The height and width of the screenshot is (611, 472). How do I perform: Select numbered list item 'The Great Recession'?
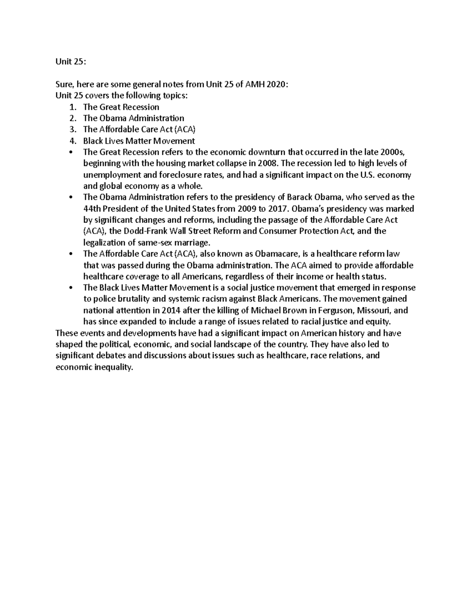pyautogui.click(x=121, y=107)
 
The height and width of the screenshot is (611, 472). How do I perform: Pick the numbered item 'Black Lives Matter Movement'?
pyautogui.click(x=139, y=141)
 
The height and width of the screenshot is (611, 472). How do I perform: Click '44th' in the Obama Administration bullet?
pyautogui.click(x=92, y=209)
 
